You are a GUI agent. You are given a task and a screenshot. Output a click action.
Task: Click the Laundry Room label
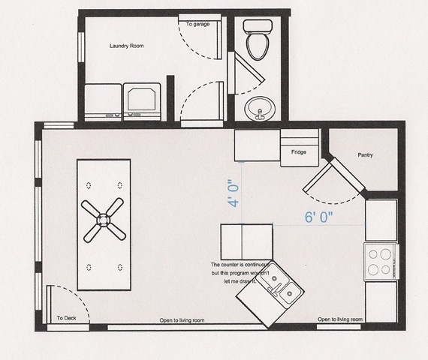[127, 46]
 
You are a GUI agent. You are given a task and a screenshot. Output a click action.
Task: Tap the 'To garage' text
[198, 24]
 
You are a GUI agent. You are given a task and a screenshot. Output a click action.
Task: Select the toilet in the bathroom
[258, 40]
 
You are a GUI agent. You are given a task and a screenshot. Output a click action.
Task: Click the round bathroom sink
[260, 109]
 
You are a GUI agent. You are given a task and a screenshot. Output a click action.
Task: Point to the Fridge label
[299, 152]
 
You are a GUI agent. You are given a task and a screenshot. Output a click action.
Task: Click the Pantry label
[365, 155]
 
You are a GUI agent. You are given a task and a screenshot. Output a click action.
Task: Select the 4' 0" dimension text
[234, 193]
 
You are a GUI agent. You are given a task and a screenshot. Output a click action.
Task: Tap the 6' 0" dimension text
[319, 217]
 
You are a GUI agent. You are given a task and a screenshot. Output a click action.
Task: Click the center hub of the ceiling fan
[103, 220]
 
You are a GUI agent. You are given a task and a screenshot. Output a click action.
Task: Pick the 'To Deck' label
[66, 318]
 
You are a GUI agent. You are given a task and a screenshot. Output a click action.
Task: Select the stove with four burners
[381, 262]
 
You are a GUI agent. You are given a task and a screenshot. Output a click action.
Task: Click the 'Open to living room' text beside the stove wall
[340, 319]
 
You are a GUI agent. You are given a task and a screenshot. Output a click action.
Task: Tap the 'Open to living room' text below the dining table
[182, 320]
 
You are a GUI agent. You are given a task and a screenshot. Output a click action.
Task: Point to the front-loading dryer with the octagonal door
[142, 102]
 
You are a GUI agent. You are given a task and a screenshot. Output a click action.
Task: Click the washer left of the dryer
[103, 103]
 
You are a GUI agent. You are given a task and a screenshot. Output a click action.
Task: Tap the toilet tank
[258, 26]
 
